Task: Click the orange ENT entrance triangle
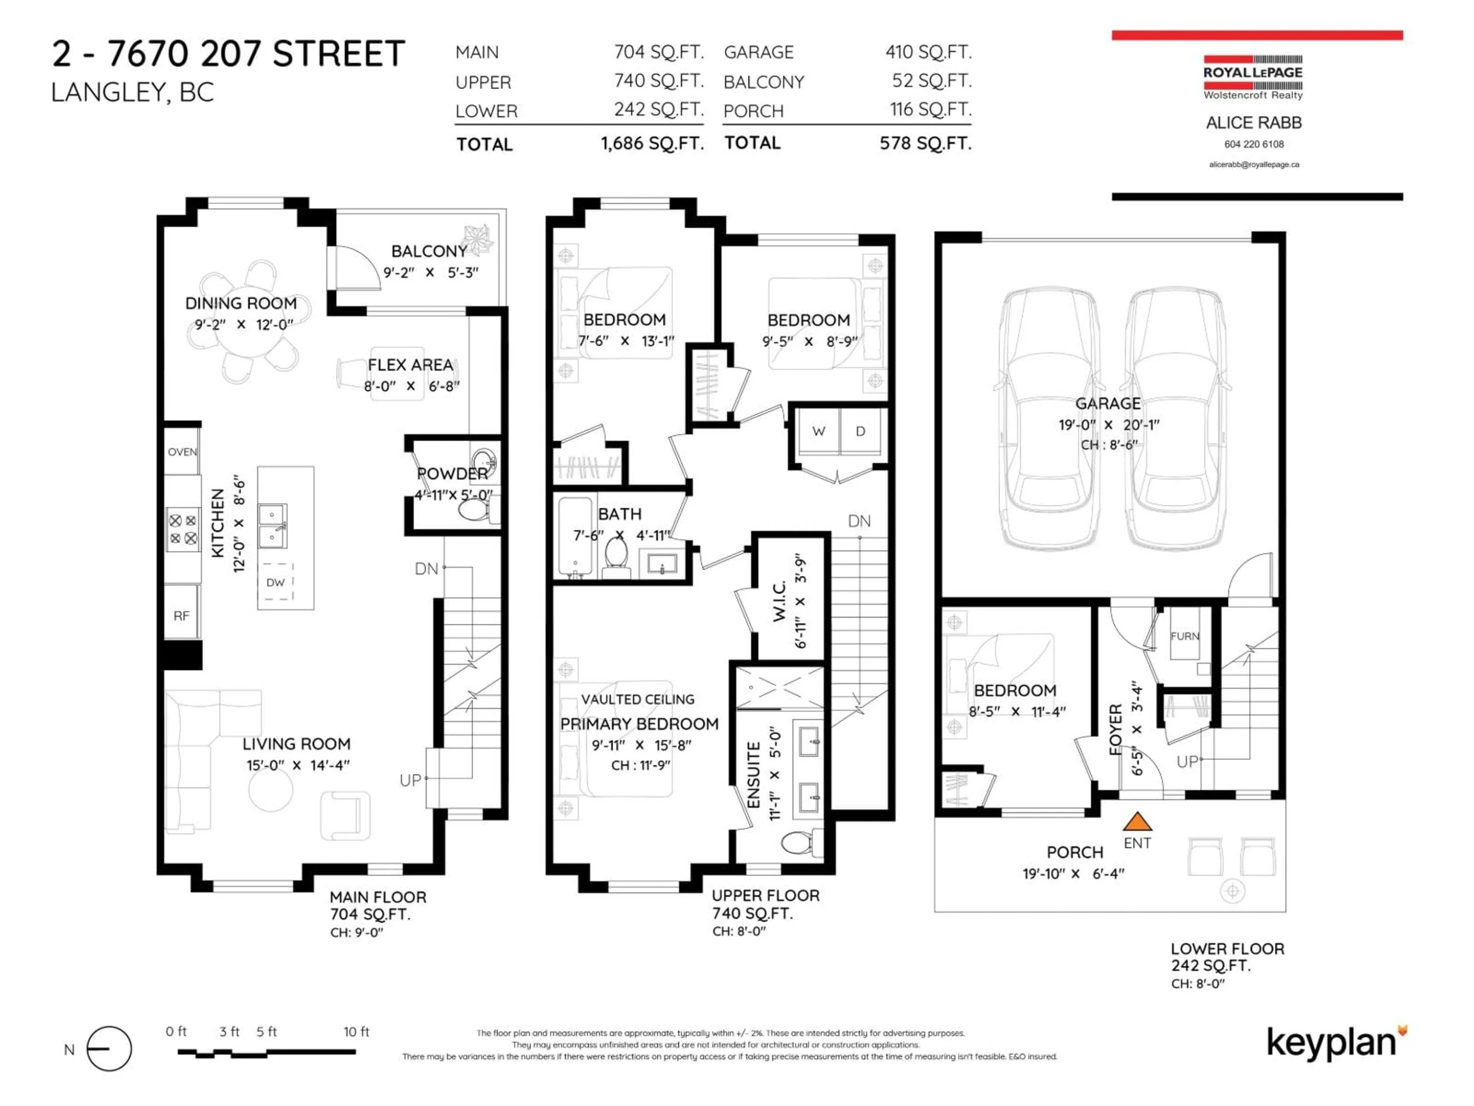(x=1137, y=821)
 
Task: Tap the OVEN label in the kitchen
(x=182, y=452)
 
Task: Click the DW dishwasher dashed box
(x=275, y=582)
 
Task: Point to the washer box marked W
(x=818, y=431)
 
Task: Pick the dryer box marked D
(x=860, y=431)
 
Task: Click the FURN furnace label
(x=1185, y=636)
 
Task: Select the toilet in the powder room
(x=474, y=511)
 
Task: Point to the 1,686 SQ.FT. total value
(x=652, y=143)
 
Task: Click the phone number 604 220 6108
(x=1253, y=144)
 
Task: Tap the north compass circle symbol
(x=109, y=1049)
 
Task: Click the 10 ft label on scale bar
(x=356, y=1031)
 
